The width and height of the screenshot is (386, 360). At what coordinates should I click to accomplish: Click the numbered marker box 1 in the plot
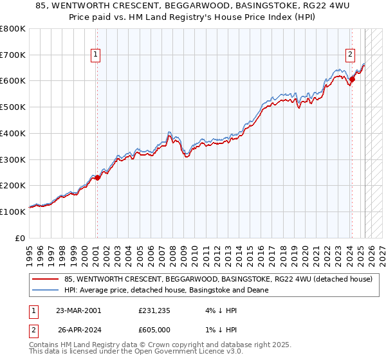95,55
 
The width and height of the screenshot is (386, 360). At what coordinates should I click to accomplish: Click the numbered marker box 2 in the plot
351,55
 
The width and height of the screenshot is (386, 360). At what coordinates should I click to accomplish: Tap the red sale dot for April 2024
352,80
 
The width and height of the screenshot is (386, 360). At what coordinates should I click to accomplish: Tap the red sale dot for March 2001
96,177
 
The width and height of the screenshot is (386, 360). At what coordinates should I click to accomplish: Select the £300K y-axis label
13,159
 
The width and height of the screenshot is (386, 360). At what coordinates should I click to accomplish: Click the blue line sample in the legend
46,291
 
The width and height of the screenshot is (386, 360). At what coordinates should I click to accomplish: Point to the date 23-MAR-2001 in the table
78,310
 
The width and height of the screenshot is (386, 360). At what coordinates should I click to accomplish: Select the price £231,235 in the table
154,310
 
